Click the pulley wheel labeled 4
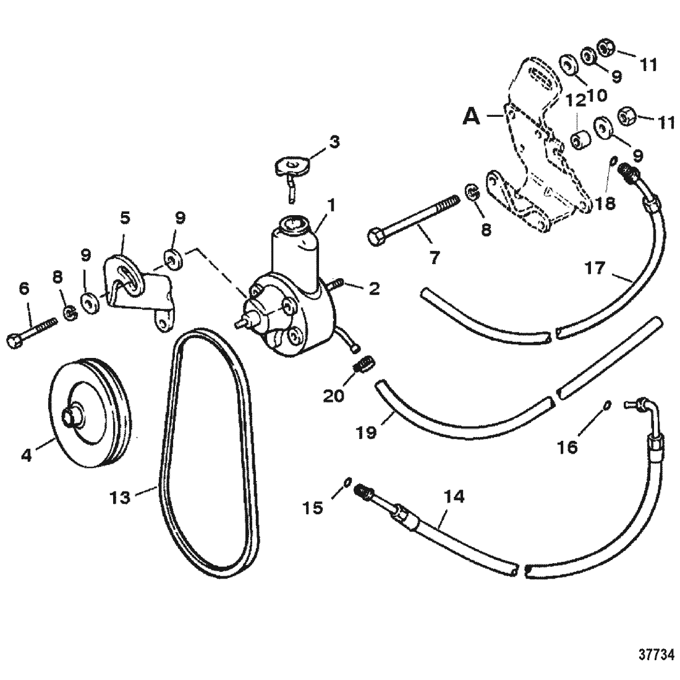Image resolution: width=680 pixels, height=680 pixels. [90, 413]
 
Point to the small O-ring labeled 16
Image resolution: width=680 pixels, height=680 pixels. [608, 405]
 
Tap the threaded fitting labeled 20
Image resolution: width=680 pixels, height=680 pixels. [364, 362]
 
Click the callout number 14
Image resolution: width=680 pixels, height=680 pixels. [454, 496]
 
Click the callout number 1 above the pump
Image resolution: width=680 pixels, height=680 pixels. [332, 205]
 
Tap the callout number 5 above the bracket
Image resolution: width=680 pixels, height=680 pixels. [125, 218]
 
